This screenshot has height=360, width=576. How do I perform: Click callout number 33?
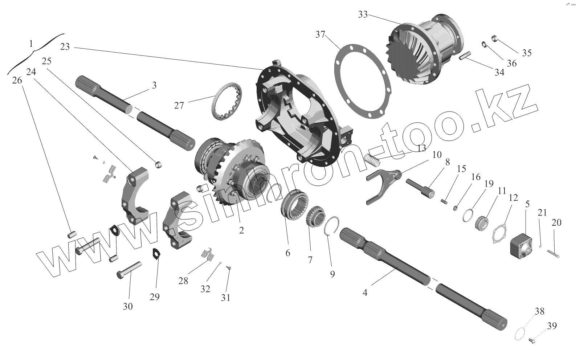[x=363, y=15]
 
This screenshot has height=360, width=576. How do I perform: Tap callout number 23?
[x=65, y=47]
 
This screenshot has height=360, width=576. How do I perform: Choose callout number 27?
[x=179, y=105]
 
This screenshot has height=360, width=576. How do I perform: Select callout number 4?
[x=365, y=292]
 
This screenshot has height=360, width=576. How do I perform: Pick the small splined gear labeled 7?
[x=314, y=219]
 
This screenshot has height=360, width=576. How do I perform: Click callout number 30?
[x=127, y=307]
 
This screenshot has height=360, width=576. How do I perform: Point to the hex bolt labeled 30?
[x=129, y=269]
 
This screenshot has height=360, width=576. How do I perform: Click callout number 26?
[x=17, y=81]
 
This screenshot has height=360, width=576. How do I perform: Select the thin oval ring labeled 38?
[x=522, y=334]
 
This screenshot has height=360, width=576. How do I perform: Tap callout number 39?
[x=551, y=326]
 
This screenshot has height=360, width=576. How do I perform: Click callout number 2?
[x=241, y=230]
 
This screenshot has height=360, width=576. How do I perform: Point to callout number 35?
[x=527, y=53]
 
